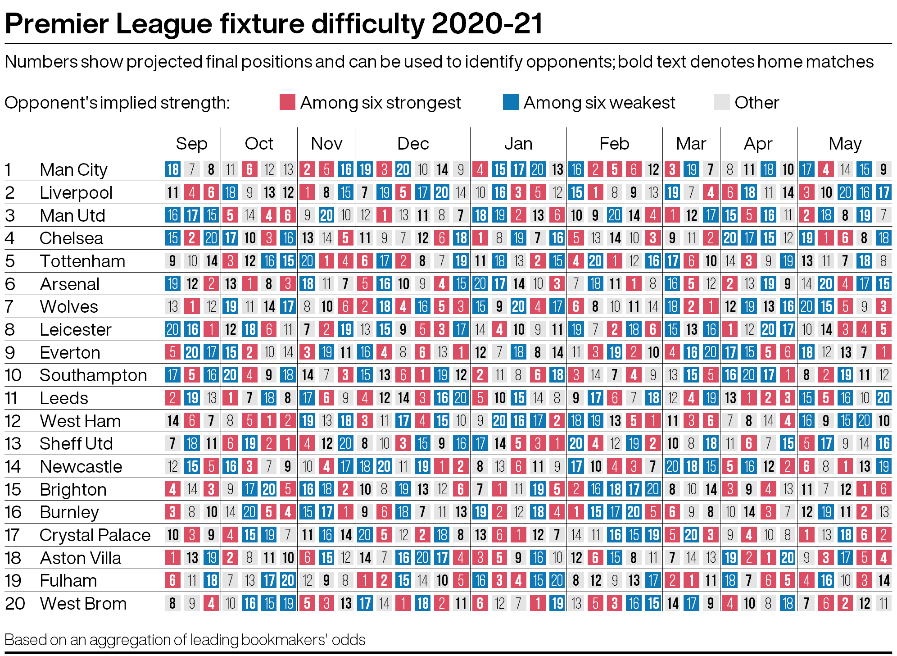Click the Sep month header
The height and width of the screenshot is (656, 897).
pyautogui.click(x=191, y=144)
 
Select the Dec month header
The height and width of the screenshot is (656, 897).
pyautogui.click(x=413, y=144)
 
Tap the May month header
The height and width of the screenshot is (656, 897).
pyautogui.click(x=845, y=144)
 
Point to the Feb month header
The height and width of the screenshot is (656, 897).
pyautogui.click(x=614, y=144)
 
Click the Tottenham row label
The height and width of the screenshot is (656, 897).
pyautogui.click(x=82, y=261)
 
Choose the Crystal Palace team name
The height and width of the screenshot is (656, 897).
pyautogui.click(x=95, y=535)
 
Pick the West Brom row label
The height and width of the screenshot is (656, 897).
pyautogui.click(x=83, y=604)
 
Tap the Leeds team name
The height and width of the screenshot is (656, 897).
pyautogui.click(x=64, y=398)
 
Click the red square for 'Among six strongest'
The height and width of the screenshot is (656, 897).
pyautogui.click(x=287, y=102)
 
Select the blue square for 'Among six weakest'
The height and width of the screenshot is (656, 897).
pyautogui.click(x=511, y=102)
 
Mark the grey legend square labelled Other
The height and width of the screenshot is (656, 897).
pyautogui.click(x=722, y=102)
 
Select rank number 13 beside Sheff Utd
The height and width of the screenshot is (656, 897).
pyautogui.click(x=13, y=444)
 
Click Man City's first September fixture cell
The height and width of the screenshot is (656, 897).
pyautogui.click(x=173, y=169)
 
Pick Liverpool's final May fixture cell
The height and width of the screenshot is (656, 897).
pyautogui.click(x=883, y=192)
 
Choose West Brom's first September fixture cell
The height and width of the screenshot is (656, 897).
pyautogui.click(x=173, y=603)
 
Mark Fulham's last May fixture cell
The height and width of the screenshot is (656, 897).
pyautogui.click(x=883, y=580)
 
